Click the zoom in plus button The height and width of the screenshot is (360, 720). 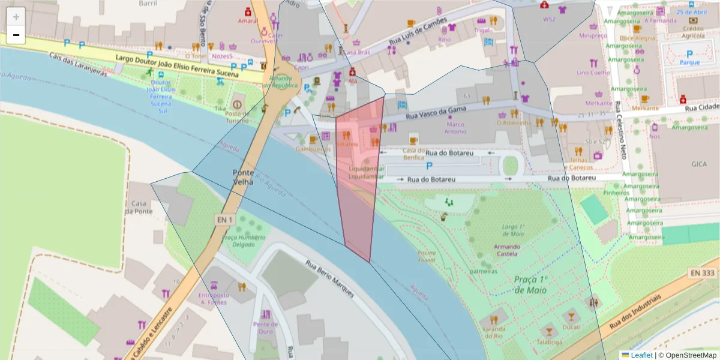click(x=16, y=17)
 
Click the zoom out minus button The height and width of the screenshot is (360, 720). click(x=16, y=35)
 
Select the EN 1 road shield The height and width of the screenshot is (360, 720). click(x=224, y=220)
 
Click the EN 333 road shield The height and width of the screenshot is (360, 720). click(x=703, y=273)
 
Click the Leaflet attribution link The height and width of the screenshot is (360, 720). click(x=641, y=355)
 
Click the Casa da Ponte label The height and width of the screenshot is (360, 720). click(x=139, y=207)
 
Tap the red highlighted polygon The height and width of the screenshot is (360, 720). click(x=358, y=180)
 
